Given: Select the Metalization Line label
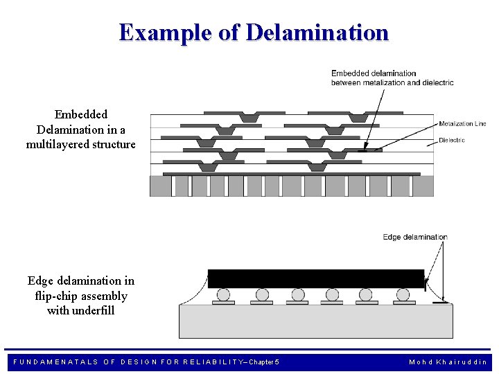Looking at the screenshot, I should click(462, 124).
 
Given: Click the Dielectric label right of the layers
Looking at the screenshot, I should click(452, 140).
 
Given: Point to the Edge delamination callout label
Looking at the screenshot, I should click(415, 237).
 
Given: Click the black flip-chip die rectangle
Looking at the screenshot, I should click(316, 278).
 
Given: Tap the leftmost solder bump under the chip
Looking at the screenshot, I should click(222, 295).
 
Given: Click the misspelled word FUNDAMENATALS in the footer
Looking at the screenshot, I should click(56, 362).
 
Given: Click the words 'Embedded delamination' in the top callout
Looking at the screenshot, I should click(374, 73).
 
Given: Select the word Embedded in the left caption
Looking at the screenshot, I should click(81, 114).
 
